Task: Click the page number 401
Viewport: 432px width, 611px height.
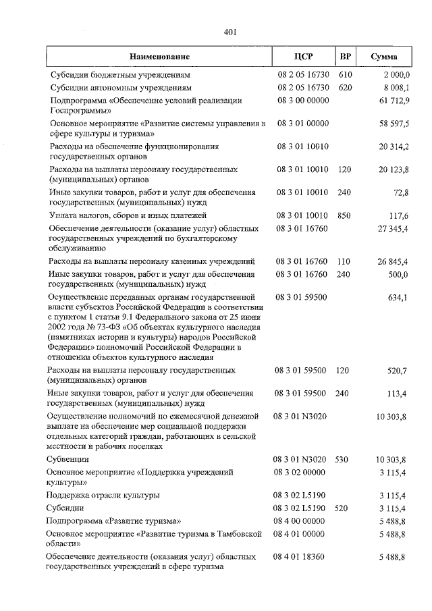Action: tap(230, 32)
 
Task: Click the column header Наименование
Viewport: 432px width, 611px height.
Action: tap(160, 57)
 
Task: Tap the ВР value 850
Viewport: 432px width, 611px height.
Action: tap(344, 215)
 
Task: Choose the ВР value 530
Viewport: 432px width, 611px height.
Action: tap(344, 459)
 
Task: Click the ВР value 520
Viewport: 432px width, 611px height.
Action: tap(344, 508)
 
